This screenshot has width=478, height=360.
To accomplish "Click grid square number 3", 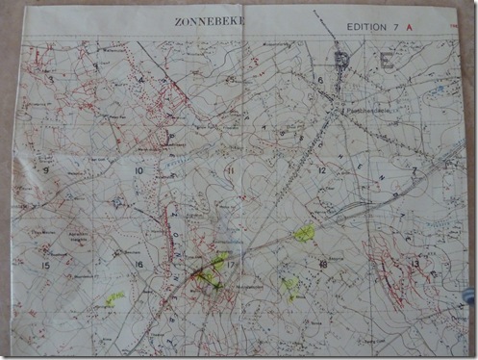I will click(51, 79).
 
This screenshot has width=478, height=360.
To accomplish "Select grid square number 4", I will click(141, 80).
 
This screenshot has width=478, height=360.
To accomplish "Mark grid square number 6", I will click(318, 79).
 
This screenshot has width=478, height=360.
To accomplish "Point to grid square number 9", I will click(46, 170).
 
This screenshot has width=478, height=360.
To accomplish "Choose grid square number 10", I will click(138, 171).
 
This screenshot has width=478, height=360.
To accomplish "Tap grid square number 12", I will click(321, 170).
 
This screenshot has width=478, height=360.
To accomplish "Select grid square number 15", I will click(44, 265).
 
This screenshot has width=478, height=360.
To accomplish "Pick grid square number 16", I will click(138, 265).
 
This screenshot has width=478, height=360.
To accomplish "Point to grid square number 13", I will click(415, 263).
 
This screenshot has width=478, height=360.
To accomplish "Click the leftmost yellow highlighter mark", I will click(115, 298).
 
